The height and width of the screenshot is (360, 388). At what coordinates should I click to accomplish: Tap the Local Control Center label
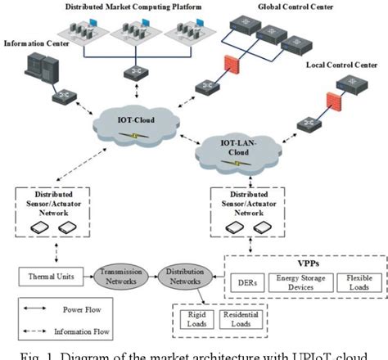click(x=344, y=64)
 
